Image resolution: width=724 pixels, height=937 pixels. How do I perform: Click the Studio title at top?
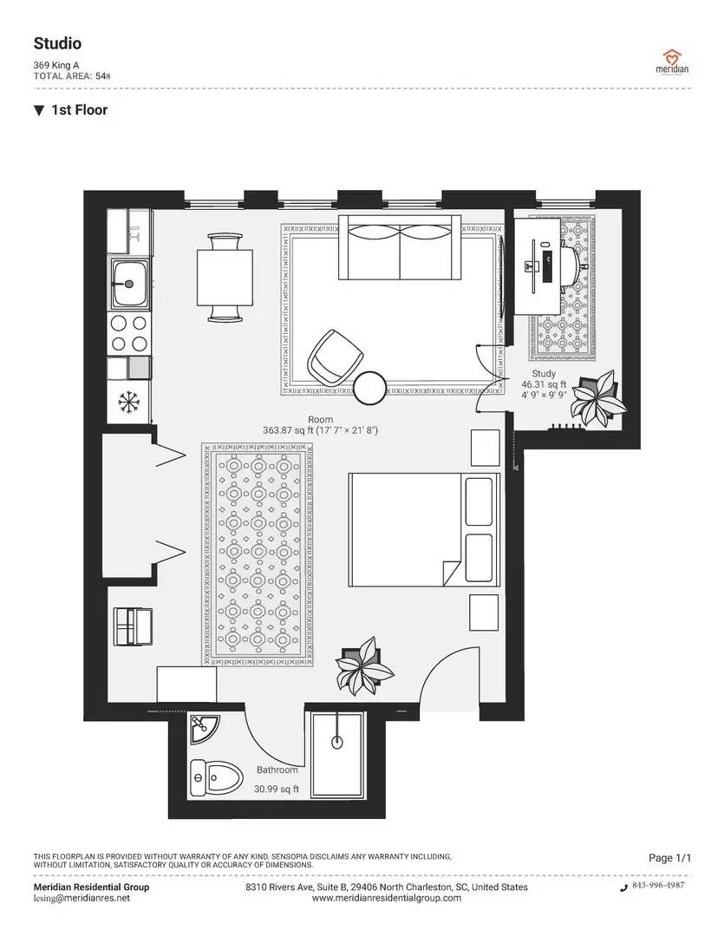(57, 43)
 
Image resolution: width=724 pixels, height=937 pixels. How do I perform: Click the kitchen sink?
(129, 282)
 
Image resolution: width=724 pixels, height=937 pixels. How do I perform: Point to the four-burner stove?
(129, 333)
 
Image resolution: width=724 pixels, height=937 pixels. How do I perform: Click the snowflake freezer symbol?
(129, 402)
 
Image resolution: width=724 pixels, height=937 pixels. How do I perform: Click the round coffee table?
(372, 388)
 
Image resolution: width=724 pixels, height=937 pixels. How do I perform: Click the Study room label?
(544, 374)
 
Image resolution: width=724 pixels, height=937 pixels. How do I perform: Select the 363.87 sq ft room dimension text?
(320, 430)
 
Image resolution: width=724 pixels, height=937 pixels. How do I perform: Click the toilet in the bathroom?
(213, 778)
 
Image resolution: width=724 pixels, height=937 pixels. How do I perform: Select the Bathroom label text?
(277, 770)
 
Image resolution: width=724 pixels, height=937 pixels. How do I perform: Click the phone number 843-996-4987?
(657, 886)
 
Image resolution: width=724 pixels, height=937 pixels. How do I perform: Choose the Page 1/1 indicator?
(670, 858)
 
